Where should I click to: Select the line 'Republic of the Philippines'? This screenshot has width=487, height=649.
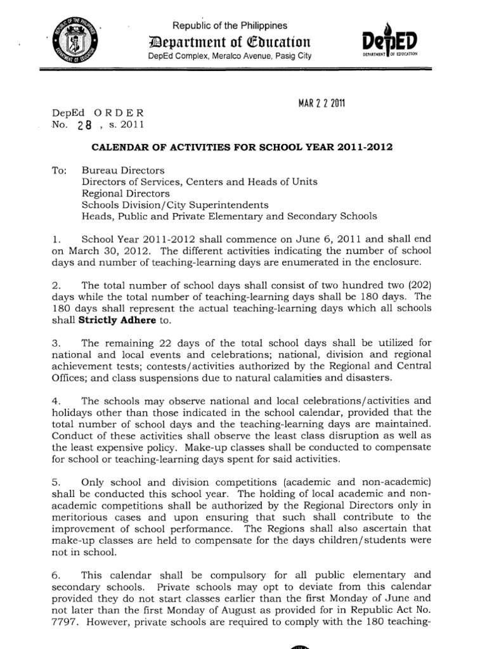tap(230, 25)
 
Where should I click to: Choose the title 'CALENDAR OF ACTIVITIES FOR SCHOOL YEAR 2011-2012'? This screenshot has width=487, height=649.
tap(243, 147)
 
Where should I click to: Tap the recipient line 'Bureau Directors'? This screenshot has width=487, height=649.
tap(123, 170)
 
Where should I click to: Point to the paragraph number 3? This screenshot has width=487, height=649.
tap(56, 343)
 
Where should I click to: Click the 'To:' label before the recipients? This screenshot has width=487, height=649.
tap(59, 170)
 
